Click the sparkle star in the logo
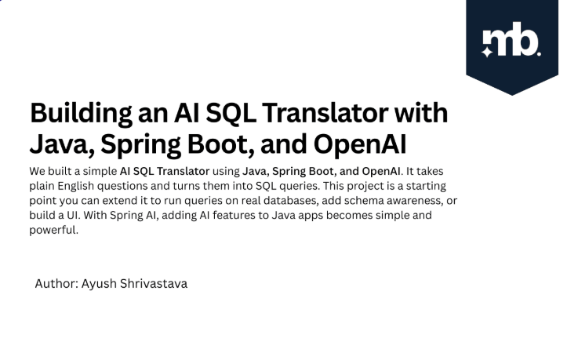click(x=487, y=52)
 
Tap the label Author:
click(x=56, y=284)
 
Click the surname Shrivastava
click(x=154, y=284)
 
